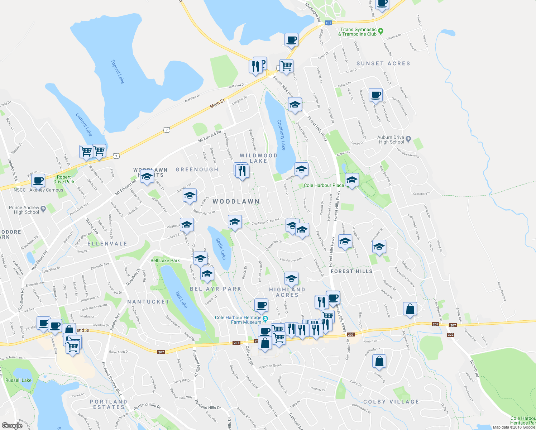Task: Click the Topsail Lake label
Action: pos(118,71)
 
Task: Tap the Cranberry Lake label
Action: pos(282,135)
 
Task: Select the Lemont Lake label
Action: pos(84,124)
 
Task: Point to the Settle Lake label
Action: pos(221,249)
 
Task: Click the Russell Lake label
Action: pos(19,380)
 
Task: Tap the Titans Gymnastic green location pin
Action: pos(381,31)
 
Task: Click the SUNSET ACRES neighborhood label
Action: pos(383,63)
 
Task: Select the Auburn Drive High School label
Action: pos(391,140)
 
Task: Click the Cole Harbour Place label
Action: pos(324,185)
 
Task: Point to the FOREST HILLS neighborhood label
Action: pos(351,271)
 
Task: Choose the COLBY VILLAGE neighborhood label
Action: pos(391,402)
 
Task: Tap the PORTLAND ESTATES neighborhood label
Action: pos(109,404)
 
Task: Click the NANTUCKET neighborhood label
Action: pos(148,302)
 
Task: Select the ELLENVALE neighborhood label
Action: pos(107,244)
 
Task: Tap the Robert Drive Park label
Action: pos(64,179)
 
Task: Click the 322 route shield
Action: pos(450,335)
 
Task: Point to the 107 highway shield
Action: pos(328,23)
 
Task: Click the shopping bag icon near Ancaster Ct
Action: pos(379,362)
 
